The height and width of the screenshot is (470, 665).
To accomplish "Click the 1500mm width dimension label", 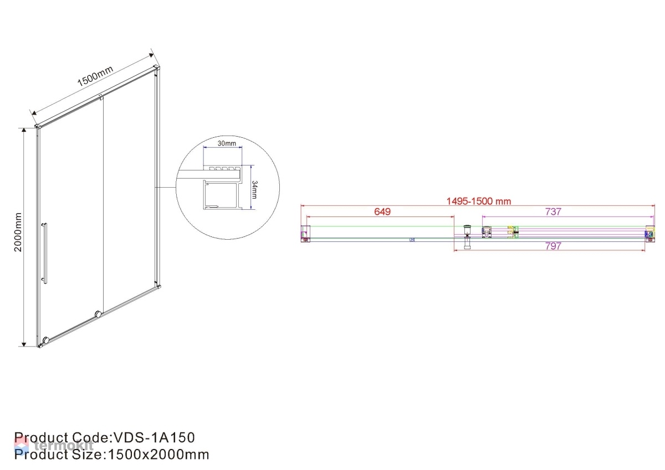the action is [95, 76].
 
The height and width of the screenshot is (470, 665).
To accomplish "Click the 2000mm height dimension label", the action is [18, 232].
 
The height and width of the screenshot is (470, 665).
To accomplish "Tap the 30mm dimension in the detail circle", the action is [227, 143].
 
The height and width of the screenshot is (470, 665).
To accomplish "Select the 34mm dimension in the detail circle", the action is [254, 190].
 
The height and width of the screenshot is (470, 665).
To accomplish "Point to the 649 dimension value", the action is [382, 211].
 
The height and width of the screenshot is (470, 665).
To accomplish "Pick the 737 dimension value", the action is [553, 211].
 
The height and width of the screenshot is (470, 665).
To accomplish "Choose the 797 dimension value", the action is [553, 246].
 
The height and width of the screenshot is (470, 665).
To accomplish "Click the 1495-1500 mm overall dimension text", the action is [479, 202].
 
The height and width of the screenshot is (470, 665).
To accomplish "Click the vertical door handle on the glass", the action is [44, 253].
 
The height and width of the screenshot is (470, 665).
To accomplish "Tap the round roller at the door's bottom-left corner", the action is [46, 340].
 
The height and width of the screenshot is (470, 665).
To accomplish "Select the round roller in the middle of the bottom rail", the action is [98, 314].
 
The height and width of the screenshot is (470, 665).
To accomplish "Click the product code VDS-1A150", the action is [155, 438].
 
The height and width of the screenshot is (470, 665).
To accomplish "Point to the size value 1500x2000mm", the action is [158, 454].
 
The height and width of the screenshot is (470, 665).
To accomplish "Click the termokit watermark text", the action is [64, 446].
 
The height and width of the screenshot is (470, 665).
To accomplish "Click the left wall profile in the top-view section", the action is [305, 234].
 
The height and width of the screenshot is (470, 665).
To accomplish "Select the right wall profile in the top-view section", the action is [650, 234].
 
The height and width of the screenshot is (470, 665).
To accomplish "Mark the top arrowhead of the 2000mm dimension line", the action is [24, 130].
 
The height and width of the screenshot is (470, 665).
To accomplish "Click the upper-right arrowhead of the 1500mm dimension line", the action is [151, 55].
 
